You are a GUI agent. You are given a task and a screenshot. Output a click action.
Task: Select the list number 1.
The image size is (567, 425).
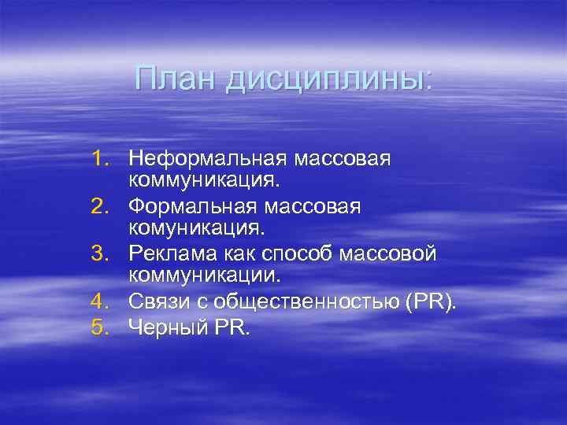[x=102, y=160]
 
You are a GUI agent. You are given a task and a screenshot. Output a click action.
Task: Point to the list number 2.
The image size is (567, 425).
[x=102, y=207]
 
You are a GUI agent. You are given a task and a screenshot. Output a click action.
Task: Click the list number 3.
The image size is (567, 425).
[x=102, y=254]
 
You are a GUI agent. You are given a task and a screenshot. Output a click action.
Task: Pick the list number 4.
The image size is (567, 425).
[x=102, y=302]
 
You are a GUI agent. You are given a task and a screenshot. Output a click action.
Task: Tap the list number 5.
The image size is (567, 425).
[x=102, y=326]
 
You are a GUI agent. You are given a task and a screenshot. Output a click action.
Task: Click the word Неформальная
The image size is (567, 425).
[x=208, y=160]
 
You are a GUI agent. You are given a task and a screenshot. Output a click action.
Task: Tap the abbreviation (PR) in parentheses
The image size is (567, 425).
[x=430, y=303]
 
